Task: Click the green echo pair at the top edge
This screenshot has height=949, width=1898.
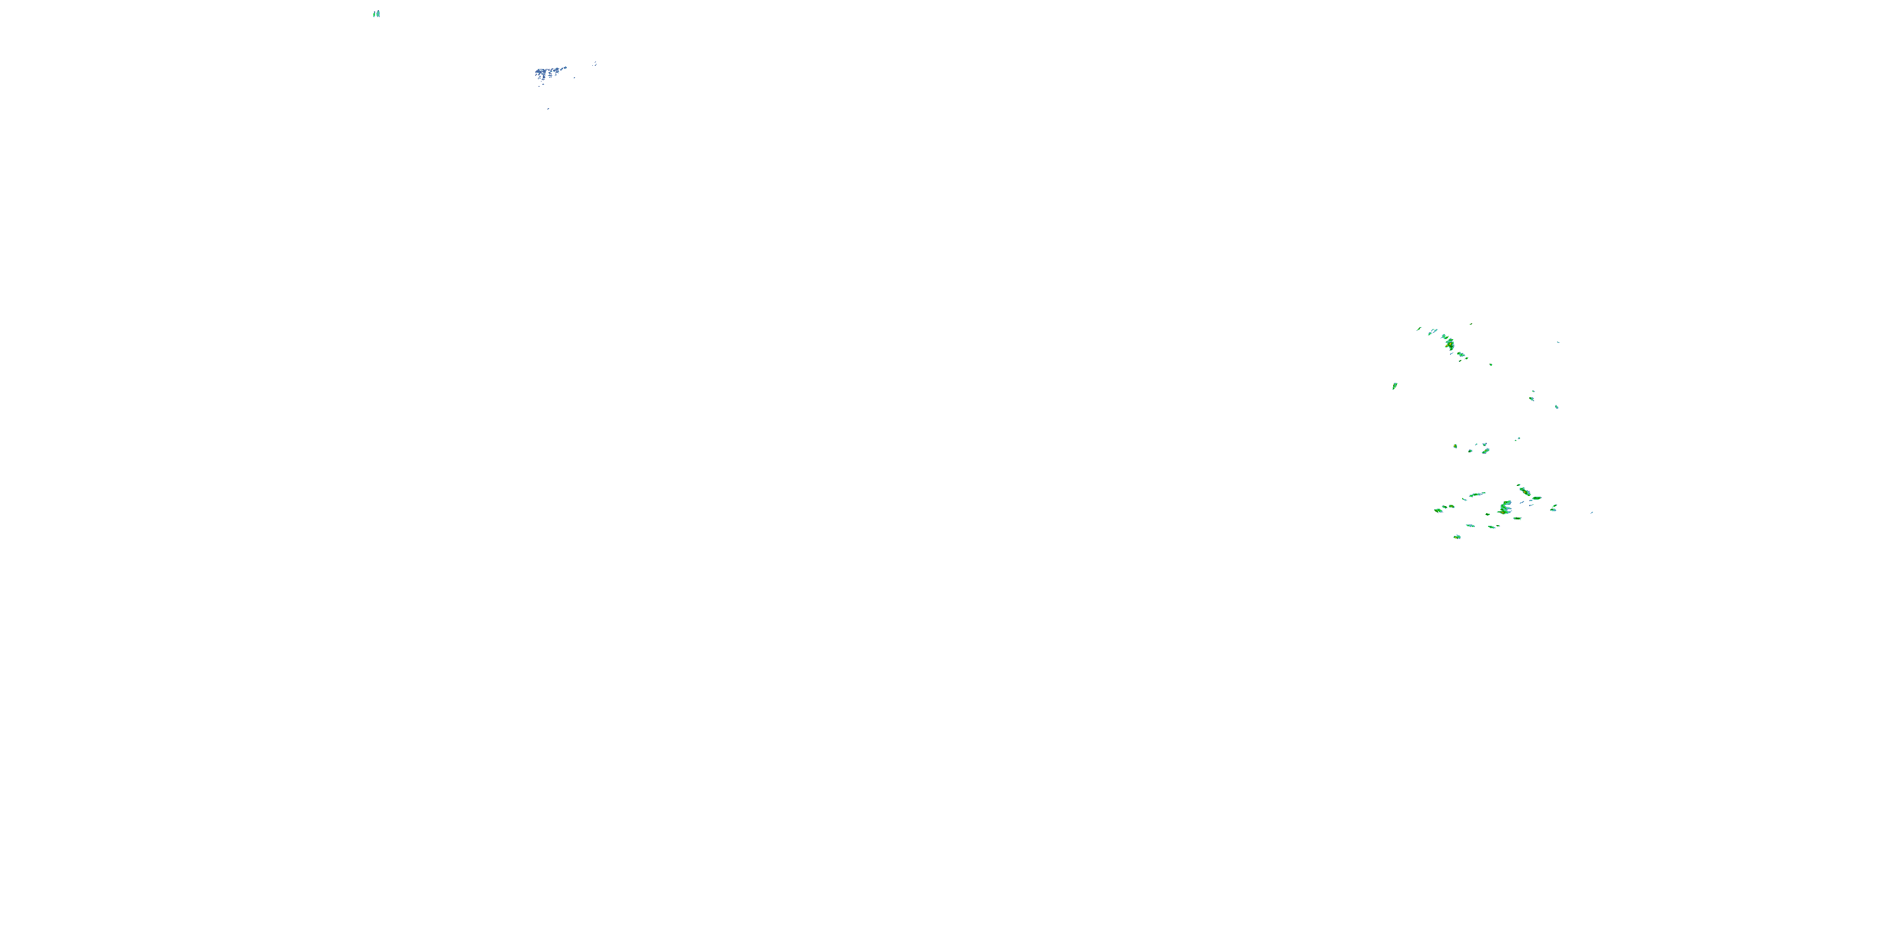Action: coord(376,13)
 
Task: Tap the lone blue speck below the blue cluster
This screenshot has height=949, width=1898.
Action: coord(548,108)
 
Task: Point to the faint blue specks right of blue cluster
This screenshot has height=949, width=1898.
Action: coord(595,64)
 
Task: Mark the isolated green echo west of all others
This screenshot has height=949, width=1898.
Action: coord(1395,386)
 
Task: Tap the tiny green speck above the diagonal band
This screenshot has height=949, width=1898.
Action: coord(1472,323)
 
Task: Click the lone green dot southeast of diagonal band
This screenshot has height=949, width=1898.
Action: coord(1491,364)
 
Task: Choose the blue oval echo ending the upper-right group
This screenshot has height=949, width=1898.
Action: coord(1556,407)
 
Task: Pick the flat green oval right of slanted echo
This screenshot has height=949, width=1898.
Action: coord(1536,499)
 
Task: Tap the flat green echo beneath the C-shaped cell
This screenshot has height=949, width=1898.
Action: coord(1517,519)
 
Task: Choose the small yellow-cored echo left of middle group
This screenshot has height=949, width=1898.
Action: coord(1455,446)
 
